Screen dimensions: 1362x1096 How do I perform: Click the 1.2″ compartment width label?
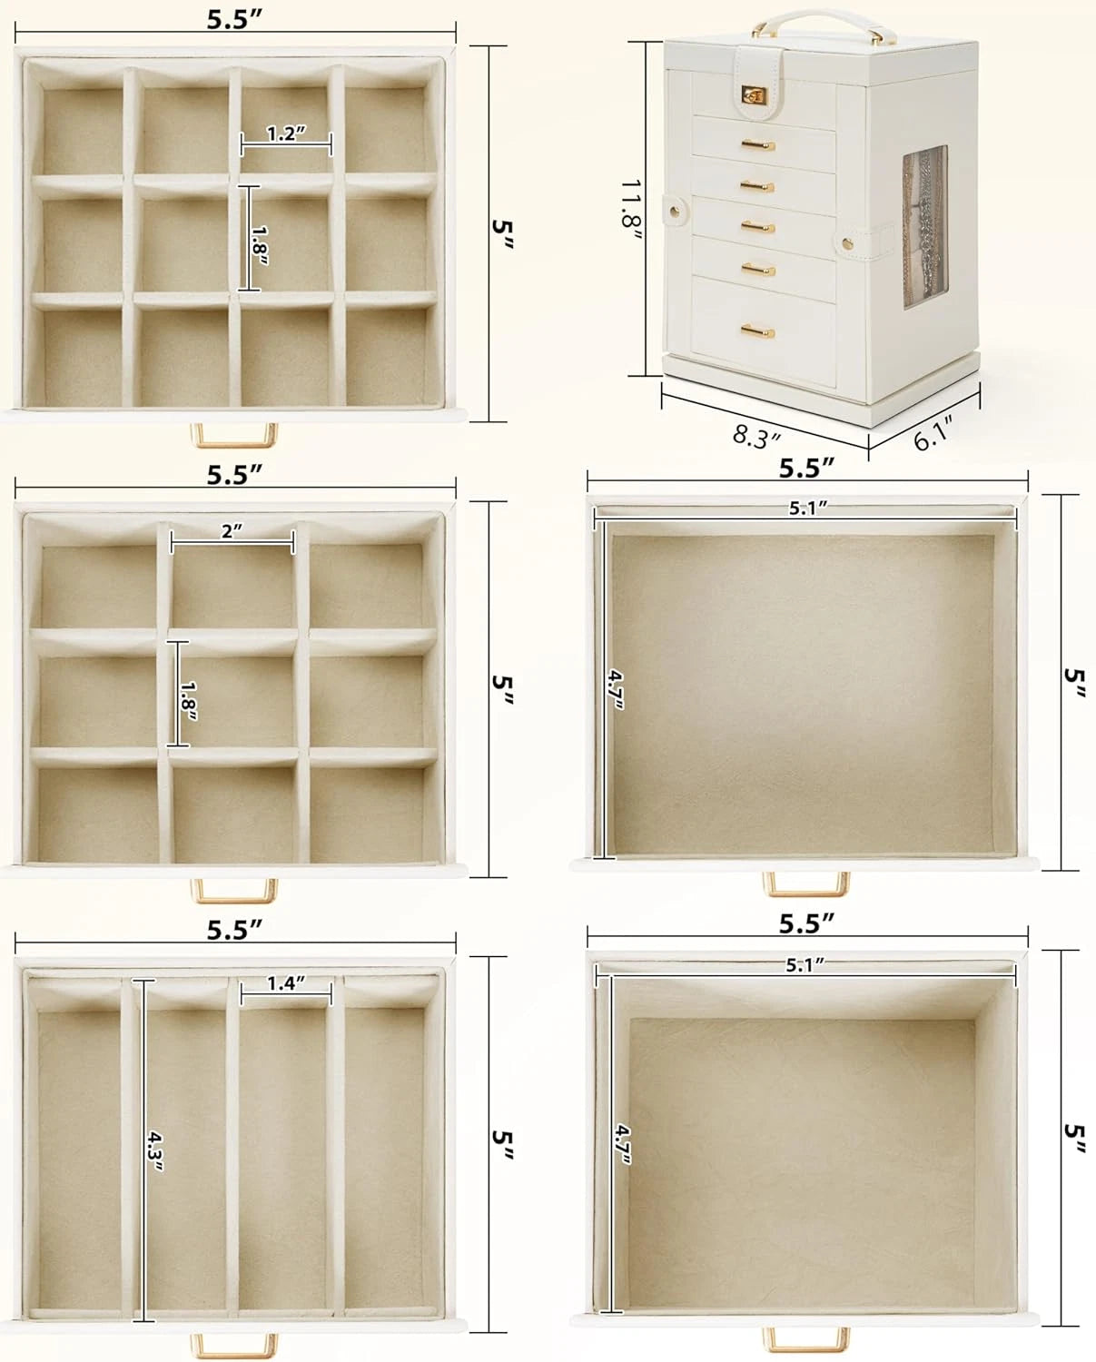286,134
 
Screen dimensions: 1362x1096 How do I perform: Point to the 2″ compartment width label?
232,532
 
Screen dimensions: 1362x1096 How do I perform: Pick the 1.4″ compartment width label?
285,983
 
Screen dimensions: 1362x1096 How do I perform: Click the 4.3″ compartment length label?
155,1152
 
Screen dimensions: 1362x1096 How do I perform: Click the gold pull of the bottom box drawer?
756,330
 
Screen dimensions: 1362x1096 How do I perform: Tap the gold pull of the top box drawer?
756,145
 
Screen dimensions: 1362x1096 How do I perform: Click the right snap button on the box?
848,242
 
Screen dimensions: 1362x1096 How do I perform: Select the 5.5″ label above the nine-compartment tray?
234,475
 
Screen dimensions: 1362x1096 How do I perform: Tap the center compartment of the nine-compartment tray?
233,690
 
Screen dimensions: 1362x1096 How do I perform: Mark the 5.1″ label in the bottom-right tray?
805,965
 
